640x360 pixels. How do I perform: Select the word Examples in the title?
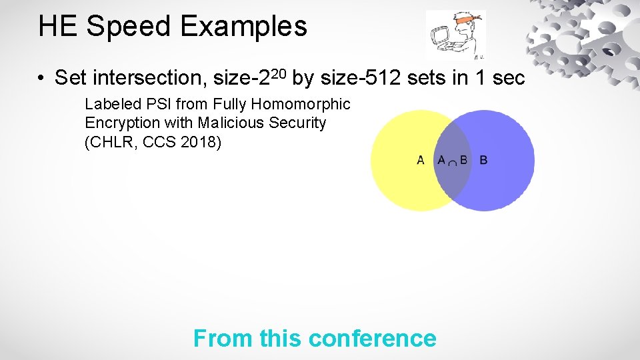point(243,27)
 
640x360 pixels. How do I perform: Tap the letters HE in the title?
point(59,27)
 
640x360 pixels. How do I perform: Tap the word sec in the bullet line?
point(509,79)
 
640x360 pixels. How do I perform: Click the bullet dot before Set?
point(41,79)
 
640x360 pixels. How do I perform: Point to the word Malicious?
point(228,123)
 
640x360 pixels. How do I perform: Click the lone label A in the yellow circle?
point(421,160)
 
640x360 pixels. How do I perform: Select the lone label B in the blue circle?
point(483,160)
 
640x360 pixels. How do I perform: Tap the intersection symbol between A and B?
point(452,161)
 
